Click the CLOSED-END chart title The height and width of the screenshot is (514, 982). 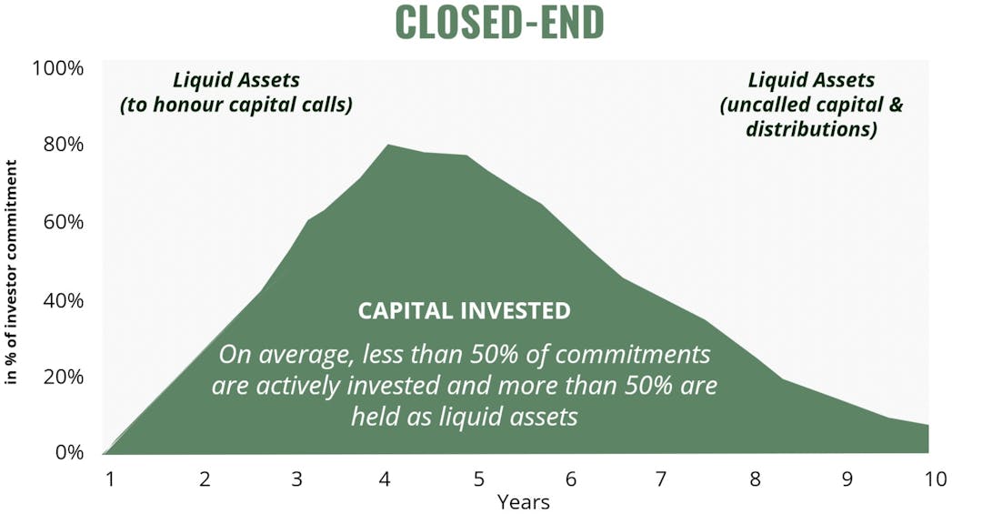point(499,24)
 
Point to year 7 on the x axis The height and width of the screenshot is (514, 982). point(661,478)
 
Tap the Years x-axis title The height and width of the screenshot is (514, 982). point(523,501)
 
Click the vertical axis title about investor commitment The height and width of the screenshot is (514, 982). point(13,272)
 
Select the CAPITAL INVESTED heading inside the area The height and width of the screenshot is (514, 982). point(464,311)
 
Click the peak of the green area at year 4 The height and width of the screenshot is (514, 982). point(388,146)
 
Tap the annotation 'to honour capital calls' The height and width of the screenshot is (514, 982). point(235,105)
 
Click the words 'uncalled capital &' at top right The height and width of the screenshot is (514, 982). point(811,105)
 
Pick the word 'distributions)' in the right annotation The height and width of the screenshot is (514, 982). point(811,129)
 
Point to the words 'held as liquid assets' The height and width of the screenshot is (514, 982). point(464,417)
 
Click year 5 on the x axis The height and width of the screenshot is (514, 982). point(478,478)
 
